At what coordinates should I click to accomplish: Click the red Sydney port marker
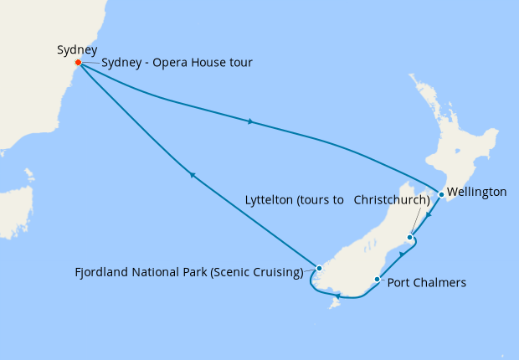tap(78, 63)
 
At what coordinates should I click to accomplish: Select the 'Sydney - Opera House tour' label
tap(177, 64)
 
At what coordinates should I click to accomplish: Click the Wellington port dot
tap(441, 194)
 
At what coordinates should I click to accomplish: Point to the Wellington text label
tap(477, 193)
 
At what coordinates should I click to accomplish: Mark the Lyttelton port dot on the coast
tap(409, 238)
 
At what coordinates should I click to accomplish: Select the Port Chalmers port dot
tap(378, 280)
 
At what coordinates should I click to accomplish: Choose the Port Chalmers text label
tap(426, 283)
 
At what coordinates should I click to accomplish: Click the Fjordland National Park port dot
tap(319, 268)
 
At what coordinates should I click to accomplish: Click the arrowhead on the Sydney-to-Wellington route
tap(250, 122)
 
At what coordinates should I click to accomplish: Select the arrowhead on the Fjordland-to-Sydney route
tap(193, 175)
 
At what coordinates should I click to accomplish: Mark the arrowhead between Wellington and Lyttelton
tap(428, 215)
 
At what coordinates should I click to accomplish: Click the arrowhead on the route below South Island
tap(336, 296)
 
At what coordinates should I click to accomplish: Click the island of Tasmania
tap(15, 209)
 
